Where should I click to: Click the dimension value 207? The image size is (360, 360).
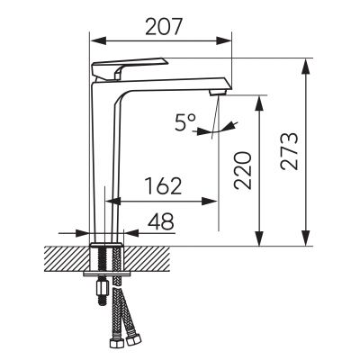click(164, 27)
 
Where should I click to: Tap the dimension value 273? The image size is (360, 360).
click(290, 151)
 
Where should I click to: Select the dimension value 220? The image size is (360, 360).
click(243, 170)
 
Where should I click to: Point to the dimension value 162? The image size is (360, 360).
click(164, 186)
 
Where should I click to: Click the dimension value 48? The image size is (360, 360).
click(161, 221)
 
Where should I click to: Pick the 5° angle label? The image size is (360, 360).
click(185, 122)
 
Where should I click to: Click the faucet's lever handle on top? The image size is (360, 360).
click(129, 69)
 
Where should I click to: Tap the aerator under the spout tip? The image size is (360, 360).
click(219, 92)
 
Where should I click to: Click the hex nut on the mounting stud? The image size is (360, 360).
click(102, 287)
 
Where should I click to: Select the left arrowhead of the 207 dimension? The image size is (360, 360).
click(98, 41)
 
